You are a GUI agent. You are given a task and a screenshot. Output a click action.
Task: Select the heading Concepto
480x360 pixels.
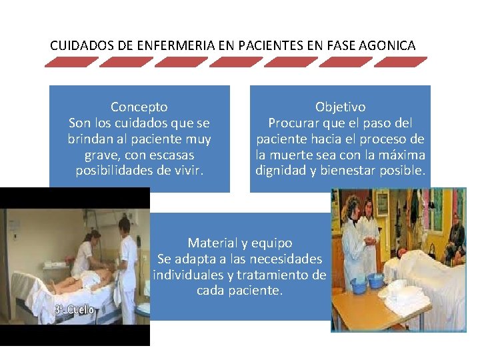click(139, 107)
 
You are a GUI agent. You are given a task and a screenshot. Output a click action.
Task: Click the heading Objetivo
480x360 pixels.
click(340, 107)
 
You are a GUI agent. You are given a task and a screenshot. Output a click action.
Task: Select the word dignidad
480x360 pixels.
click(280, 171)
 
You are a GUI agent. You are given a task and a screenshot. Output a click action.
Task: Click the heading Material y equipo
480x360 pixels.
click(240, 243)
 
